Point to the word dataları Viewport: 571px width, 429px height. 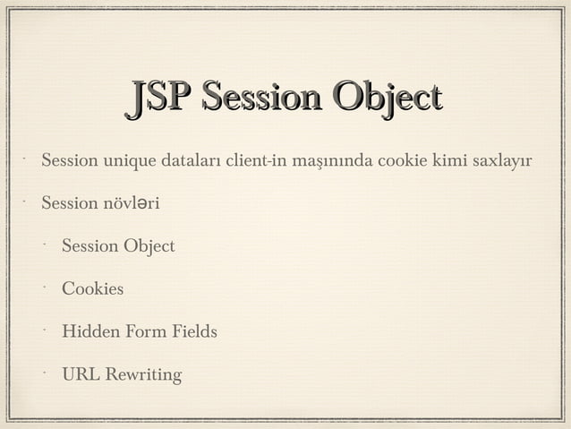pos(191,162)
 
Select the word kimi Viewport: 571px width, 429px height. pos(449,162)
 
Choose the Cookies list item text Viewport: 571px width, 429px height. pos(92,289)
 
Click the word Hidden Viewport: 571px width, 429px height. pos(89,332)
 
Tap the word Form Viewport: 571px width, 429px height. pos(141,332)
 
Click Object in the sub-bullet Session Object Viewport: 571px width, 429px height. pos(148,246)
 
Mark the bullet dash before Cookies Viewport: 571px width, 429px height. pos(42,286)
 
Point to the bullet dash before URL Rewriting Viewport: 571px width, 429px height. pos(42,371)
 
